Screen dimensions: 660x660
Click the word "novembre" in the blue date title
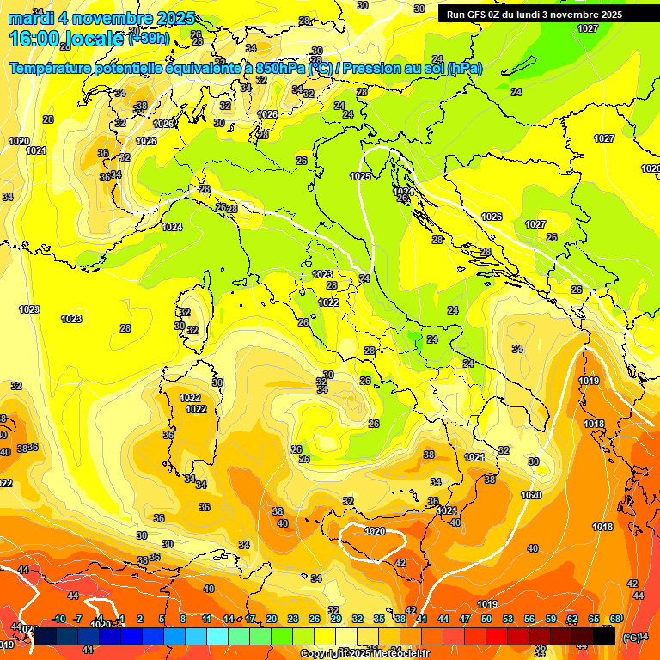104,18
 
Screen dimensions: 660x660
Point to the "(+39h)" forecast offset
148,39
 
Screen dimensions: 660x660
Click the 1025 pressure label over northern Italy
360,176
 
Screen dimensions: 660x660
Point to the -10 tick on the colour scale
58,619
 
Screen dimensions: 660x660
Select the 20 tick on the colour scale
272,619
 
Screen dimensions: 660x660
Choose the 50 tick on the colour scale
486,619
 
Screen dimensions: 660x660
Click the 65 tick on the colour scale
594,619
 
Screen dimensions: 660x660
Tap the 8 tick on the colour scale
183,619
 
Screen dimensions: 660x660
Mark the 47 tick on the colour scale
465,619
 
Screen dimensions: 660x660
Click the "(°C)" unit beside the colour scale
632,638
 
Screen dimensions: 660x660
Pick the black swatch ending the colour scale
604,637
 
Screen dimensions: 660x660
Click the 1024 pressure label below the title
172,227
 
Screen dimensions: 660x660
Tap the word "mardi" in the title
28,18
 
